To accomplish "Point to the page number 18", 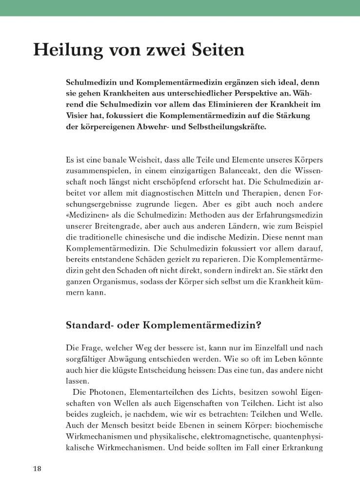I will pos(38,469).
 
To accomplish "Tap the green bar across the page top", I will pos(180,8).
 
